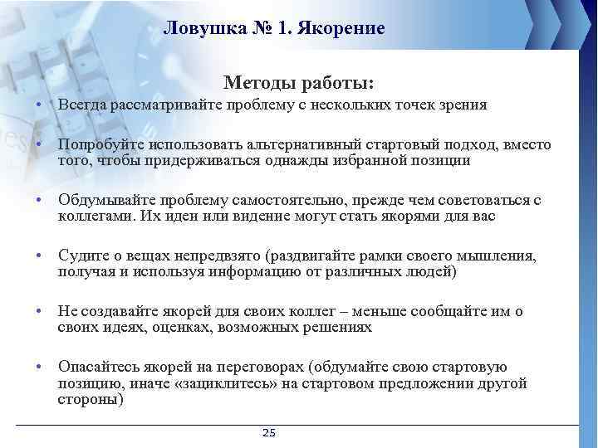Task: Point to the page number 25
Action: tap(268, 433)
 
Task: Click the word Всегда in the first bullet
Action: tap(81, 105)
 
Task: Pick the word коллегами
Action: tap(92, 216)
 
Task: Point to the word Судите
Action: tap(81, 256)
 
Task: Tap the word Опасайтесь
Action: tap(97, 367)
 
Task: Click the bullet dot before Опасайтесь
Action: tap(39, 367)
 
